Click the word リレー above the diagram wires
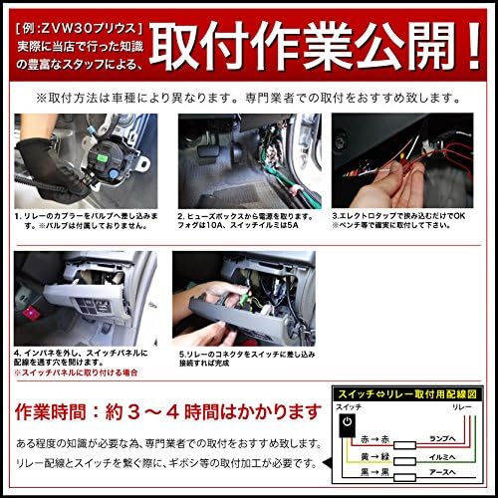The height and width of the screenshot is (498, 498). (x=461, y=409)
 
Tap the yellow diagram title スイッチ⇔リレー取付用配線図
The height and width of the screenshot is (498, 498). (x=409, y=393)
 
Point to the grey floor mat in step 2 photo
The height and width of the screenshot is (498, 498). (x=214, y=184)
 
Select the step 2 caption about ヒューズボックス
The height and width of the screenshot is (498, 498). (x=244, y=219)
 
